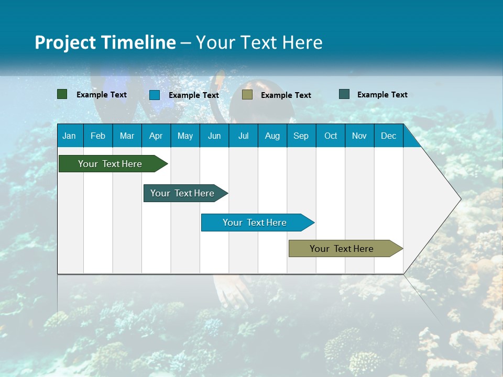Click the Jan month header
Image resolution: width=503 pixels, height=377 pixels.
coord(69,136)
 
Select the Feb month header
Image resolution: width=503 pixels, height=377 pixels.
coord(98,136)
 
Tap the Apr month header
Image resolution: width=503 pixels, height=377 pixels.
coord(156,136)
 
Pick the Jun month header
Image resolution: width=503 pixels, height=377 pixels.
coord(214,136)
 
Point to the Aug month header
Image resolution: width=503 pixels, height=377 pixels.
coord(272,136)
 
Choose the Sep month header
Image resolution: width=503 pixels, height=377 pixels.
coord(301,136)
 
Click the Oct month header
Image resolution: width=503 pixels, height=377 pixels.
coord(331,136)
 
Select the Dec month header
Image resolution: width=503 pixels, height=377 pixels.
coord(388,136)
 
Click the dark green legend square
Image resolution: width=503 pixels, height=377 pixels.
coord(62,94)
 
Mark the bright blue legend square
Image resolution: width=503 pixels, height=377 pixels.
coord(155,95)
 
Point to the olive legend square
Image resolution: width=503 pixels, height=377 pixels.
coord(247,95)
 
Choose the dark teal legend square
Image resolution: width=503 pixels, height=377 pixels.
coord(344,94)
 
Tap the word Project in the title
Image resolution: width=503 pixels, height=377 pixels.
coord(65,42)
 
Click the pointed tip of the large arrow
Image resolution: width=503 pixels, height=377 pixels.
coord(460,199)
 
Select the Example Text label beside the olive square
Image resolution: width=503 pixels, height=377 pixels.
coord(286,95)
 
